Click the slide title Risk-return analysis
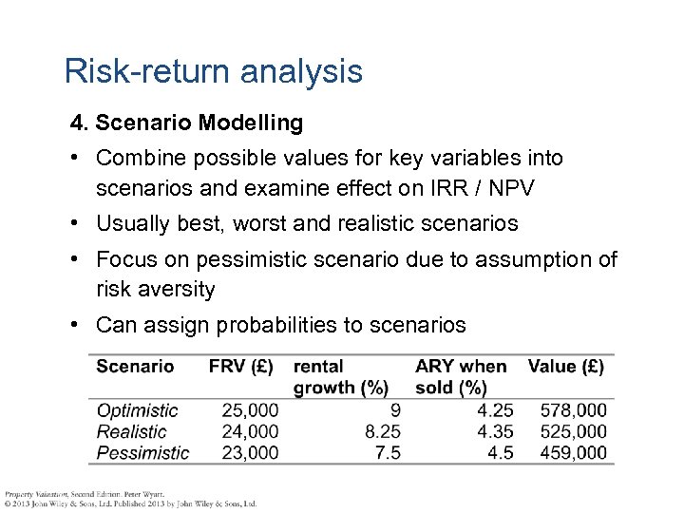(x=213, y=72)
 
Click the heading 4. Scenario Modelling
(x=186, y=123)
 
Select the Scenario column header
(x=135, y=366)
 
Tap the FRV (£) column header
(x=240, y=366)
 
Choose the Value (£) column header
(x=565, y=366)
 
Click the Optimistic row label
(x=137, y=410)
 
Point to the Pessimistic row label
(x=142, y=452)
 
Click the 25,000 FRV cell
(x=250, y=410)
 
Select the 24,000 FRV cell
(x=250, y=431)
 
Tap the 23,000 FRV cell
(x=250, y=452)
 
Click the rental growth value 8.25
(x=382, y=431)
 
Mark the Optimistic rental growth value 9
(x=394, y=410)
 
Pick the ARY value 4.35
(x=495, y=431)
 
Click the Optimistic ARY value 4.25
(x=495, y=410)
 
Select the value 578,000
(x=573, y=410)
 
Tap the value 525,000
(x=573, y=431)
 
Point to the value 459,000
(x=573, y=452)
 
